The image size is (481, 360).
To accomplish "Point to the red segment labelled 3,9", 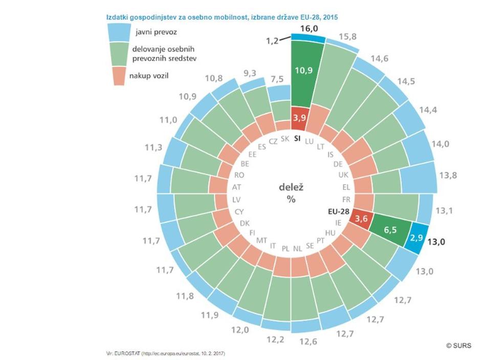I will (299, 119).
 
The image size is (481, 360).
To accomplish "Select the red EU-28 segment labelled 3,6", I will (362, 219).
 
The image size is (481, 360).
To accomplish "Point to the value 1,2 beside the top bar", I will (272, 40).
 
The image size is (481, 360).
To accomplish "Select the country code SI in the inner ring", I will (296, 139).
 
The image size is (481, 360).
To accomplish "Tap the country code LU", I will (309, 141).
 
